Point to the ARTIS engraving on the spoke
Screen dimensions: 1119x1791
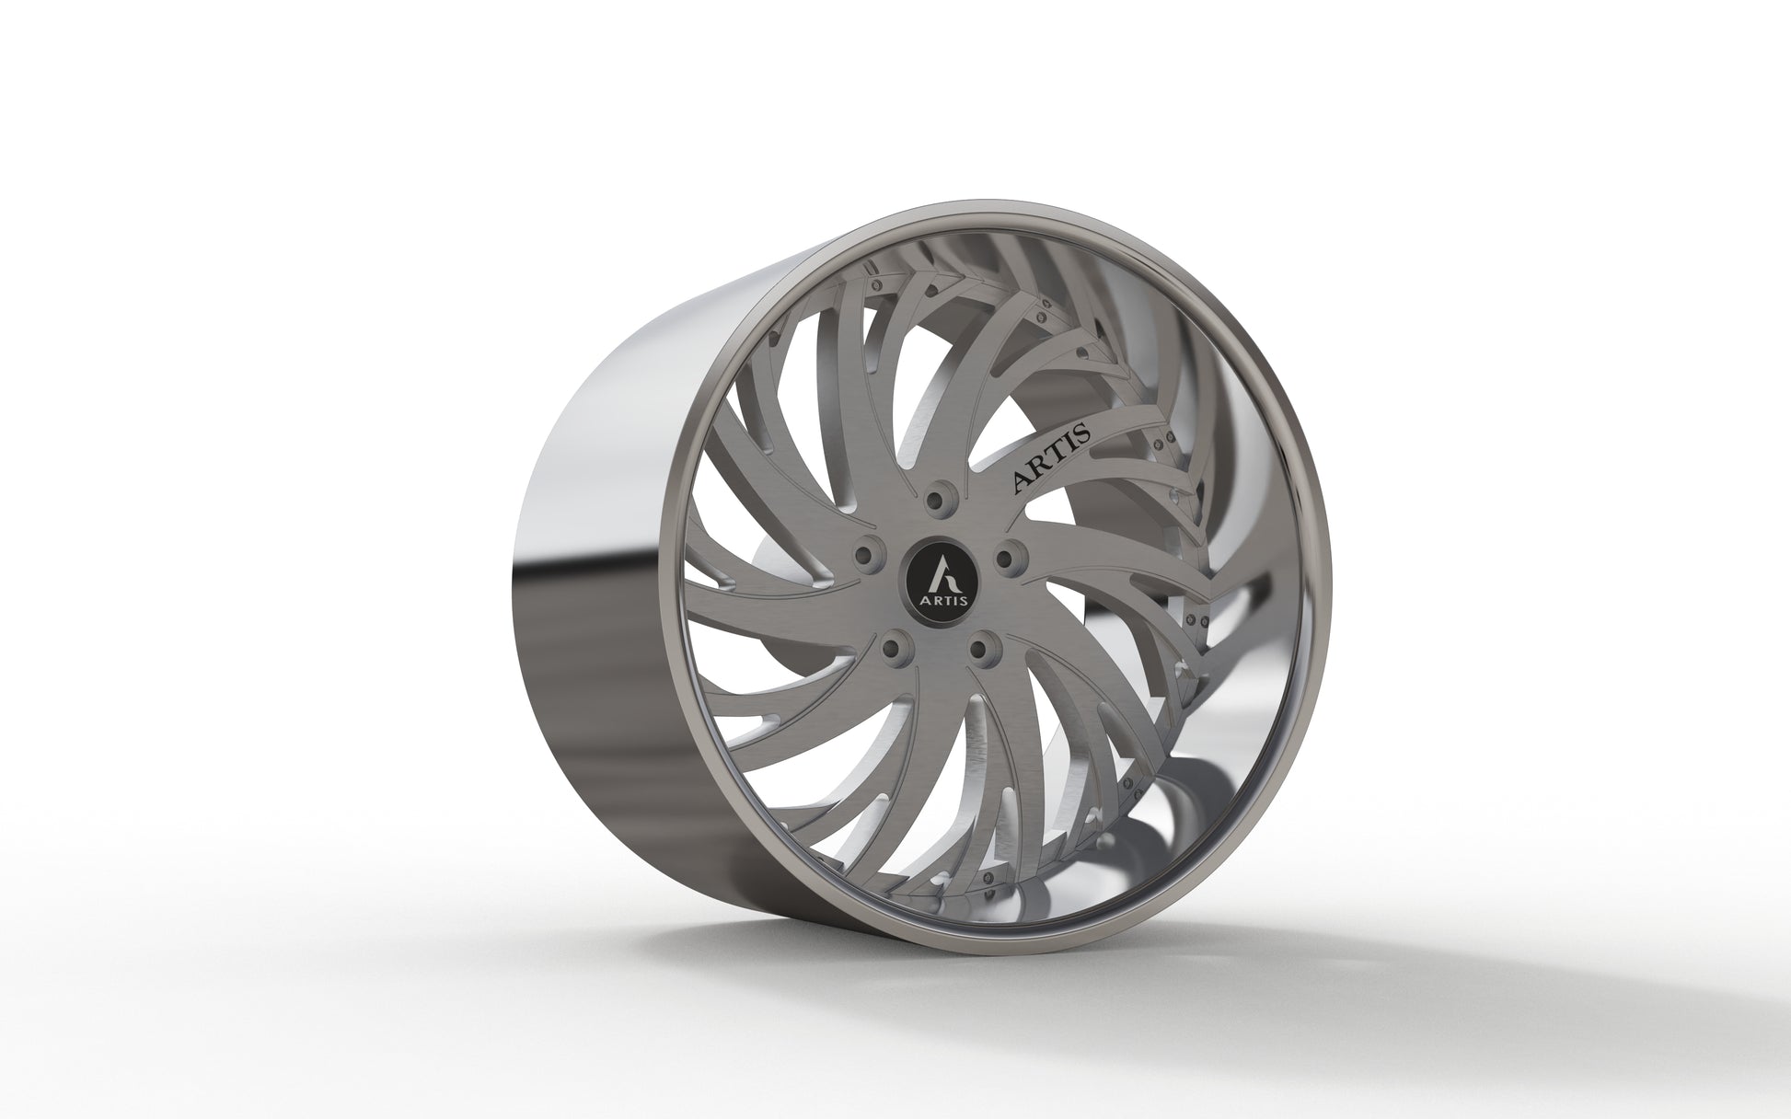click(1051, 458)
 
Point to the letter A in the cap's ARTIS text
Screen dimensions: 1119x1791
click(921, 601)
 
